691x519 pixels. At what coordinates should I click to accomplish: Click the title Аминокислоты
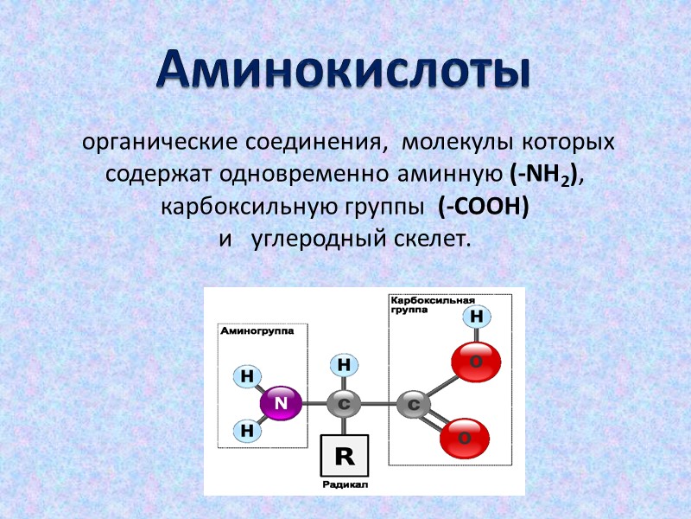pyautogui.click(x=343, y=71)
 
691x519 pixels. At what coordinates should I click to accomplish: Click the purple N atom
pyautogui.click(x=281, y=403)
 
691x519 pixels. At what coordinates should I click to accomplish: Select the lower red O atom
pyautogui.click(x=464, y=438)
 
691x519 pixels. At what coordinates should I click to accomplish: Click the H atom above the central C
pyautogui.click(x=344, y=365)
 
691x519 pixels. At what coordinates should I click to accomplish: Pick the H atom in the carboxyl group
pyautogui.click(x=476, y=317)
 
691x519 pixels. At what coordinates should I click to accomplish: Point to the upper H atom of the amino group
pyautogui.click(x=247, y=376)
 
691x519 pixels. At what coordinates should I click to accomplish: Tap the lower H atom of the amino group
pyautogui.click(x=247, y=429)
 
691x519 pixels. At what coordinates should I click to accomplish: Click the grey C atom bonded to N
pyautogui.click(x=344, y=403)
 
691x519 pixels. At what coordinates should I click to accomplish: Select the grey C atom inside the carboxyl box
pyautogui.click(x=414, y=403)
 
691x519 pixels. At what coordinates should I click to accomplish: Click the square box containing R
pyautogui.click(x=344, y=456)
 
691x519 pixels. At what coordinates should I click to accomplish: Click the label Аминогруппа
pyautogui.click(x=257, y=331)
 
